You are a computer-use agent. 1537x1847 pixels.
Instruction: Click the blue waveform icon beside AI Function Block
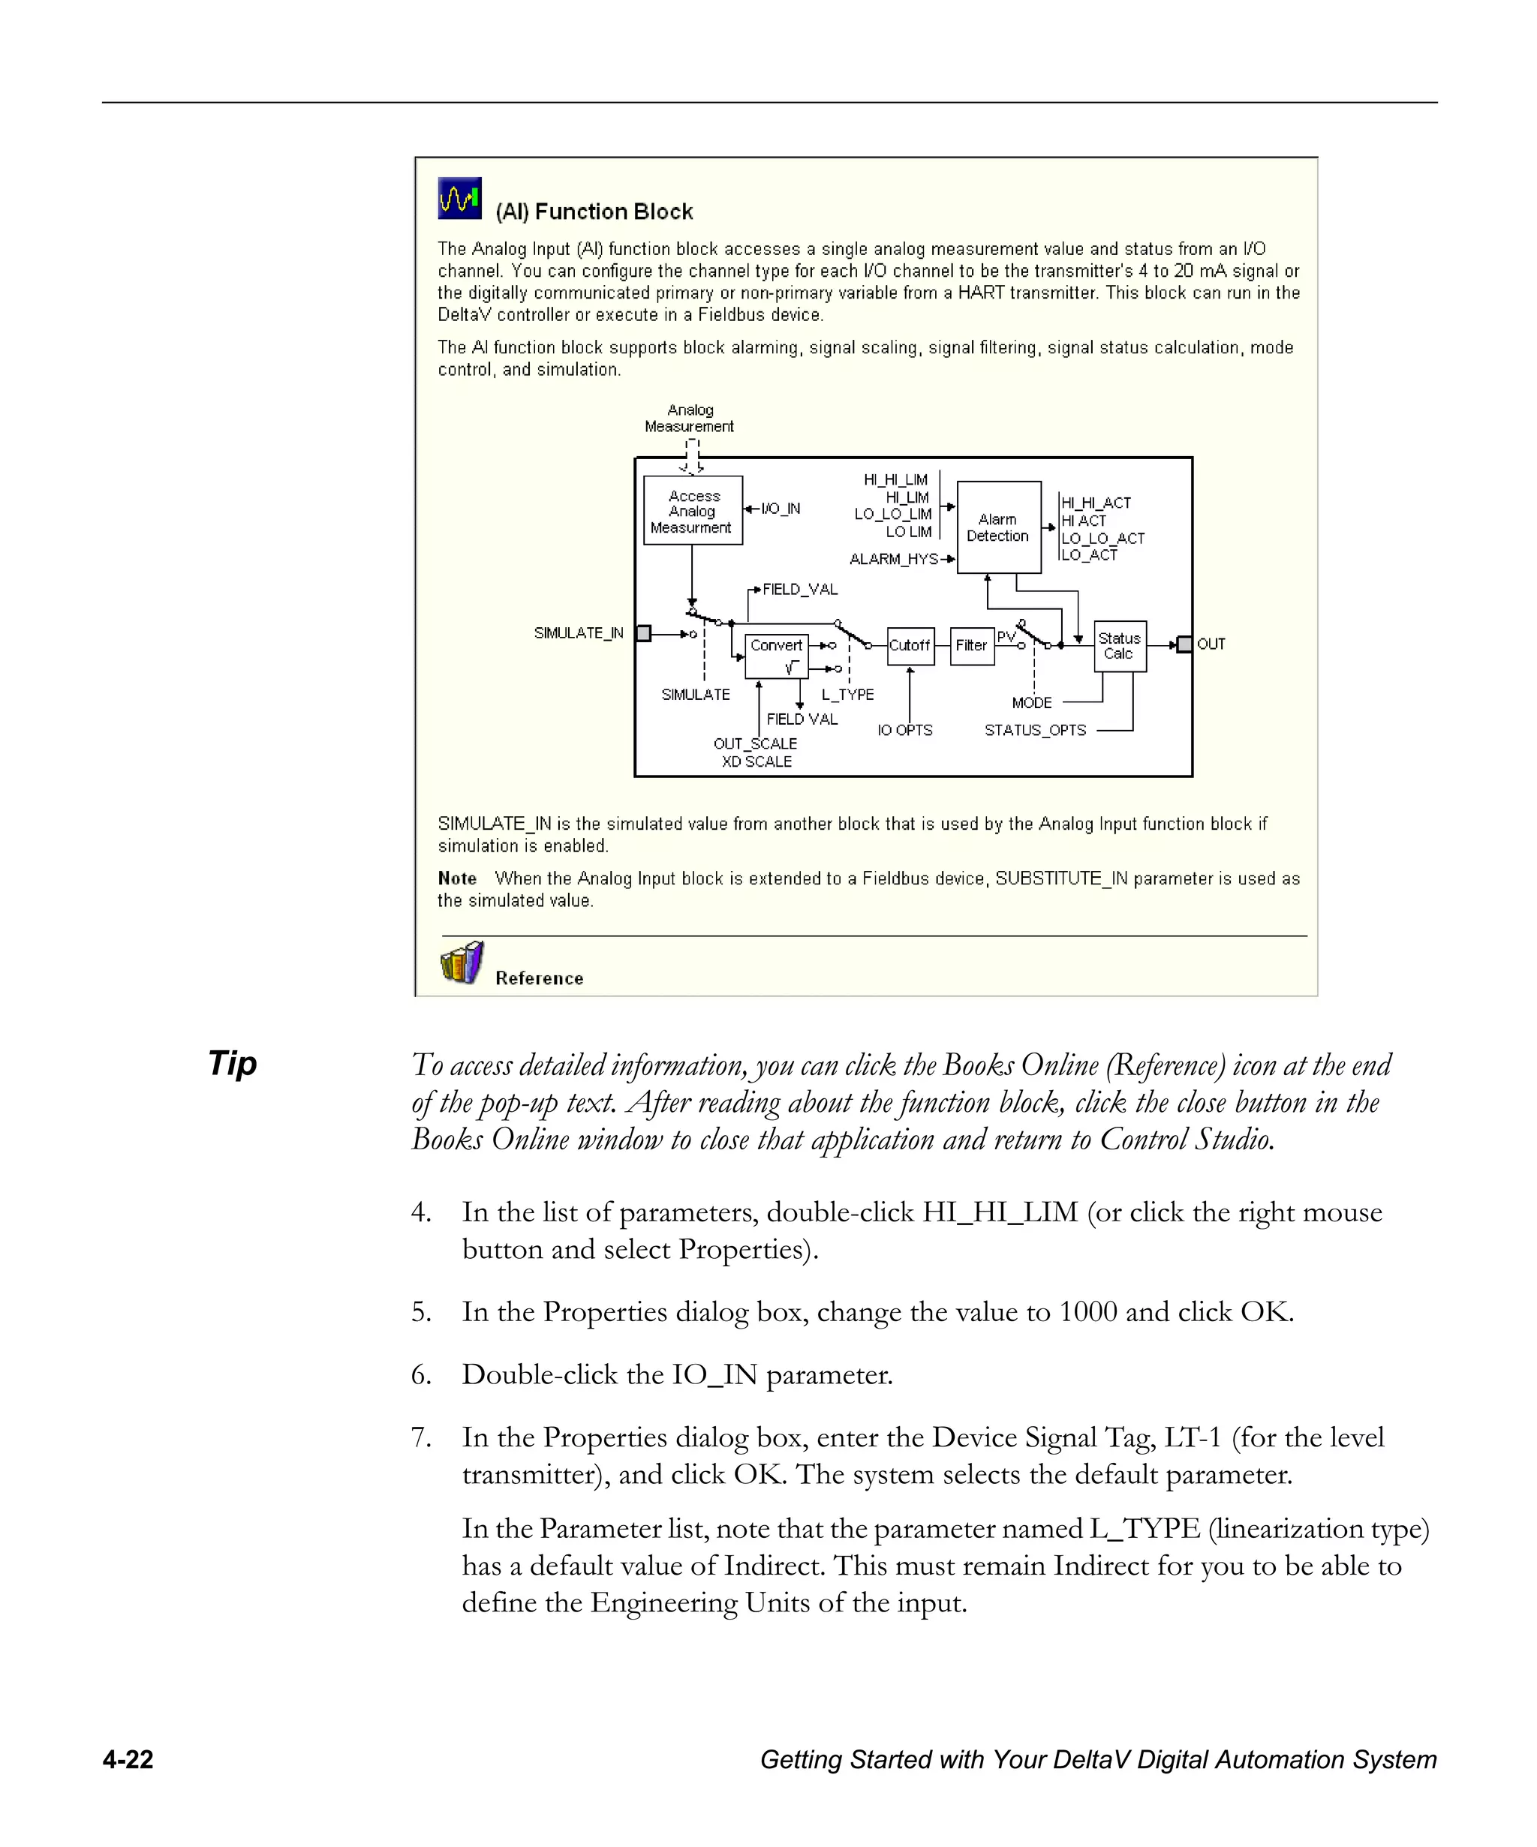[459, 198]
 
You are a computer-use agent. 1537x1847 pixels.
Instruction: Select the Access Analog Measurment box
[693, 511]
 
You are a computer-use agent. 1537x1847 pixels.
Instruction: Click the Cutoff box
[910, 646]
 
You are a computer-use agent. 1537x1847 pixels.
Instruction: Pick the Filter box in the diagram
[971, 646]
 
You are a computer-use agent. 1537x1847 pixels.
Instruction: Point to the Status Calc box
[1119, 646]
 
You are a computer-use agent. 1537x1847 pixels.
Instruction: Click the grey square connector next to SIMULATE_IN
[643, 633]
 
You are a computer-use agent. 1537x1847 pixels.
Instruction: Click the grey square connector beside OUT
[1184, 644]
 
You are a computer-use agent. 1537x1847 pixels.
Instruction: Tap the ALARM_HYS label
[893, 560]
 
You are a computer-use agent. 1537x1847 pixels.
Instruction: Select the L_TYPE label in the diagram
[847, 695]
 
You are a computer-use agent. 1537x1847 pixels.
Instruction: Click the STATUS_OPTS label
[1035, 731]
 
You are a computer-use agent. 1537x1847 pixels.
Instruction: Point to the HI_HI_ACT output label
[1096, 503]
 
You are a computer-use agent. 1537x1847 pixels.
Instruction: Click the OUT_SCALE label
[755, 744]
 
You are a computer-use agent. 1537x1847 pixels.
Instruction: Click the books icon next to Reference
[462, 963]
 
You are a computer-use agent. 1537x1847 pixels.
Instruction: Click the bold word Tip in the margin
[232, 1063]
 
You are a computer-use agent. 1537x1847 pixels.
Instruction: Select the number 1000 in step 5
[1087, 1312]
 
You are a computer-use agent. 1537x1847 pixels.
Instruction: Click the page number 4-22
[128, 1760]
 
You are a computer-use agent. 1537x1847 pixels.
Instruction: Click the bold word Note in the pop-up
[456, 878]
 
